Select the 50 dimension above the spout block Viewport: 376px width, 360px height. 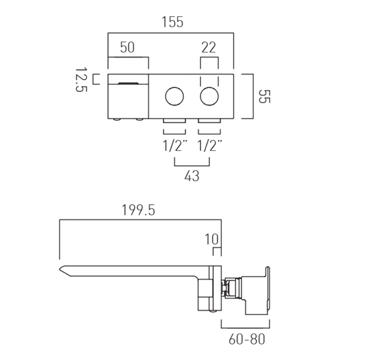click(127, 48)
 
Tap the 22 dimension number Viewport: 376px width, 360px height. click(208, 48)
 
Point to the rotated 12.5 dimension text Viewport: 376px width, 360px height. click(80, 80)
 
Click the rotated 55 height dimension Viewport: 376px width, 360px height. click(263, 96)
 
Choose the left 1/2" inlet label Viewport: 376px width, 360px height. click(174, 146)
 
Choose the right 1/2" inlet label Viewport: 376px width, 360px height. click(210, 146)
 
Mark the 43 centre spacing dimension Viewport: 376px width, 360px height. click(191, 175)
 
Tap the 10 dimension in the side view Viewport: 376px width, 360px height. click(212, 239)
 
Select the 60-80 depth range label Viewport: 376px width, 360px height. click(247, 339)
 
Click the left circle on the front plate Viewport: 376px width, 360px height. click(174, 98)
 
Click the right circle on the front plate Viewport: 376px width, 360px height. click(209, 98)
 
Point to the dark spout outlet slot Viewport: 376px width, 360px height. click(128, 83)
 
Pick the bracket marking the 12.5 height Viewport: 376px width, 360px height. click(96, 79)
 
